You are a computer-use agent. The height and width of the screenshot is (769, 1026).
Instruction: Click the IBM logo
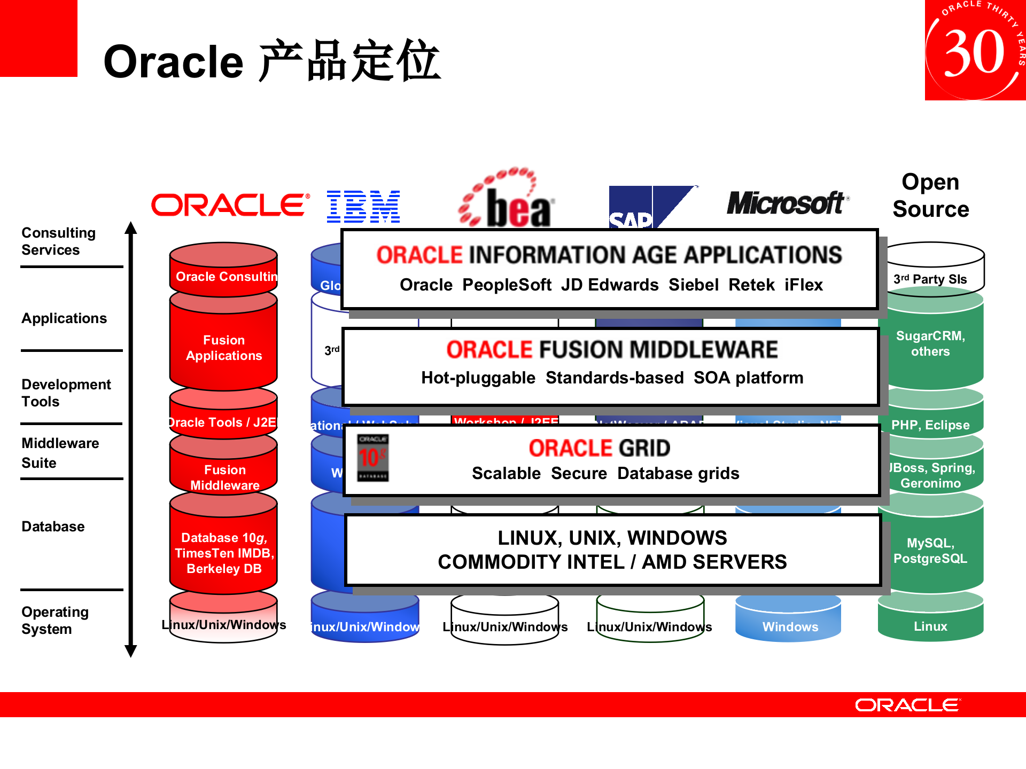click(x=363, y=206)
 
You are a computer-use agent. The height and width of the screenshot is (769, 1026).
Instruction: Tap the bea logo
click(x=507, y=199)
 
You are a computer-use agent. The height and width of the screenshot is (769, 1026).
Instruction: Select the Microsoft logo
click(x=787, y=203)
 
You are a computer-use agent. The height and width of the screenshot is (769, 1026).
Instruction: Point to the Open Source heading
click(x=930, y=195)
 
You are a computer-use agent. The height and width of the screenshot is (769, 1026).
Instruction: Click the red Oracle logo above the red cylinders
click(x=230, y=205)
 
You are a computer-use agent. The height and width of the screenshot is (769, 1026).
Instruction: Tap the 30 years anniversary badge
click(x=975, y=50)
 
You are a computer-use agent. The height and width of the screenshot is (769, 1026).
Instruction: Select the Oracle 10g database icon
click(x=373, y=458)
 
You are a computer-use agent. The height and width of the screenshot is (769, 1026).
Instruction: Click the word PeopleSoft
click(x=506, y=285)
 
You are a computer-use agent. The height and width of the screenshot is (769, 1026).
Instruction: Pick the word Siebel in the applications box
click(x=693, y=285)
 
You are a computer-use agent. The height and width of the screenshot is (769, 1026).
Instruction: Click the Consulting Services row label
click(x=58, y=241)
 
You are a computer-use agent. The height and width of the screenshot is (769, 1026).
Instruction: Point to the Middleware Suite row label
click(x=60, y=453)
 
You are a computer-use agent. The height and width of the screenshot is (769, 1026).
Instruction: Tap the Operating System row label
click(x=55, y=620)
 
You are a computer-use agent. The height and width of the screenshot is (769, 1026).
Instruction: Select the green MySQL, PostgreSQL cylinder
click(x=930, y=550)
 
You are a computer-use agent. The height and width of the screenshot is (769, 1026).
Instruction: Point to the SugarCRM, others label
click(x=930, y=343)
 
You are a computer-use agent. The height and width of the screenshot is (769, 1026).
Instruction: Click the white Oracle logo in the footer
click(x=907, y=705)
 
